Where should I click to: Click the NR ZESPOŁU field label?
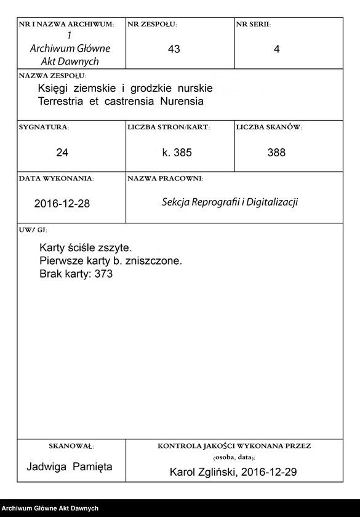tap(152, 24)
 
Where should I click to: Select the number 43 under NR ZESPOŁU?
tap(174, 49)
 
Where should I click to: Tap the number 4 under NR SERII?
tap(277, 49)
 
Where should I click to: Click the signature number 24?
tap(62, 152)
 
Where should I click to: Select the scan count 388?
tap(277, 152)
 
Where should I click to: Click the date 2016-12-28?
tap(62, 204)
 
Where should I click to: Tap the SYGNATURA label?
tap(44, 127)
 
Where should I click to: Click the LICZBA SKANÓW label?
tap(268, 127)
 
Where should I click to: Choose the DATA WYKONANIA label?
tap(56, 178)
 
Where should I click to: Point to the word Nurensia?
tap(182, 101)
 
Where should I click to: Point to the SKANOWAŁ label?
tap(71, 445)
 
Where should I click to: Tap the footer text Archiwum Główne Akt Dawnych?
tap(50, 508)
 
